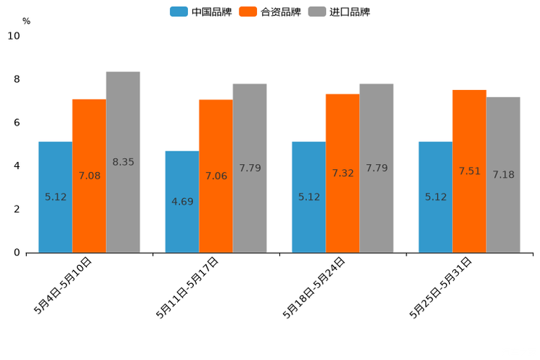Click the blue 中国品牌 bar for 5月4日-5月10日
click(x=55, y=197)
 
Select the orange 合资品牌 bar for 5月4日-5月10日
click(x=89, y=176)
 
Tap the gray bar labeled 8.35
click(x=123, y=162)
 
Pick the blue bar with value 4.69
click(x=182, y=202)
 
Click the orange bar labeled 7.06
click(x=216, y=176)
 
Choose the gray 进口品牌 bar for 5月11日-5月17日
click(x=250, y=168)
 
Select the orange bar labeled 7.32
click(x=343, y=173)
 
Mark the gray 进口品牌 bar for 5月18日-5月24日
click(x=377, y=168)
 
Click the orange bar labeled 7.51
click(x=469, y=171)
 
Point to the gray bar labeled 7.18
click(x=503, y=174)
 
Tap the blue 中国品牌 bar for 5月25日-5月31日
click(x=435, y=197)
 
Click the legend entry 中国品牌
click(x=201, y=12)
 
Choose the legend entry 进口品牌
click(x=339, y=12)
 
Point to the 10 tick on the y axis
click(x=14, y=36)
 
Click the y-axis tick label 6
click(x=17, y=123)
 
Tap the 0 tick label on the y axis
click(x=17, y=253)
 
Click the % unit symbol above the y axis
click(x=26, y=21)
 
